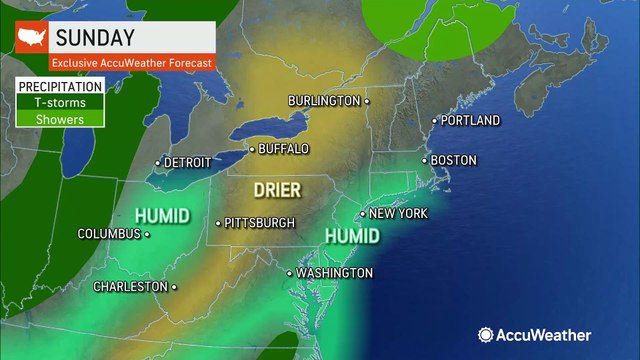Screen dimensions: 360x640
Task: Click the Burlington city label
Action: (x=324, y=101)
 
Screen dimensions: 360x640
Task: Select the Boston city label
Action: (x=453, y=160)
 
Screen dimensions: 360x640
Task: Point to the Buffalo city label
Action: (x=283, y=149)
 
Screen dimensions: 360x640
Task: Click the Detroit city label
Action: (x=187, y=162)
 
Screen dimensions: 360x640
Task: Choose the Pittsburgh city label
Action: (x=260, y=222)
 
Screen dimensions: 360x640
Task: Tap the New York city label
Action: (x=398, y=214)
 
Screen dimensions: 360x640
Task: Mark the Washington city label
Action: (x=334, y=273)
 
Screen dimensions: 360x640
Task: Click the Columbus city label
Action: (x=109, y=234)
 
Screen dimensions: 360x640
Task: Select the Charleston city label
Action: (x=130, y=286)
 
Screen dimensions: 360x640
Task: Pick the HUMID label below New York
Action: (x=352, y=237)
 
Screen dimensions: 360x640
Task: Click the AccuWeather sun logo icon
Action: (x=486, y=336)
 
